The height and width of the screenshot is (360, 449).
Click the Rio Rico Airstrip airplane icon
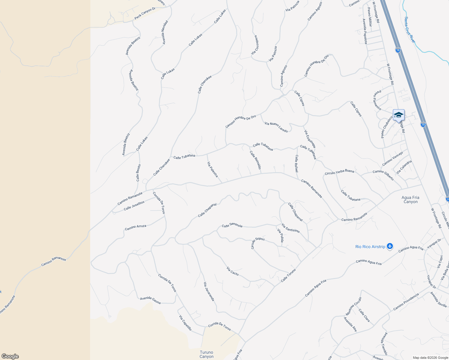click(x=390, y=246)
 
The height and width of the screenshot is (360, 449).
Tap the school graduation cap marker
click(x=399, y=115)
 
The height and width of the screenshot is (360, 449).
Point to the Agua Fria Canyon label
click(x=410, y=199)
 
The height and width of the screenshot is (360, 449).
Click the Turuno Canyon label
click(x=206, y=354)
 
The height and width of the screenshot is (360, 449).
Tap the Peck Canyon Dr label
click(x=145, y=14)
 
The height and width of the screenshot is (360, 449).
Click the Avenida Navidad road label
click(x=165, y=32)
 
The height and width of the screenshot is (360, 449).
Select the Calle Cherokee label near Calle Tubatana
click(x=161, y=167)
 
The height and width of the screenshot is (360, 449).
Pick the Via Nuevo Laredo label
click(x=276, y=127)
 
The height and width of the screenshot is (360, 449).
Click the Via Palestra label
click(x=212, y=169)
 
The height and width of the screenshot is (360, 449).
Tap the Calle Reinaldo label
click(x=255, y=160)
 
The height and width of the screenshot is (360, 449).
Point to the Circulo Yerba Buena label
click(x=339, y=172)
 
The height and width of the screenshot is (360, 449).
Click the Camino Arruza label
click(x=135, y=227)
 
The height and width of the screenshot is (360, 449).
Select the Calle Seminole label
click(x=232, y=225)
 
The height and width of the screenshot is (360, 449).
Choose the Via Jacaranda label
click(x=209, y=291)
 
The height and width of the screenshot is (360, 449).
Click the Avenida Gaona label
click(x=150, y=300)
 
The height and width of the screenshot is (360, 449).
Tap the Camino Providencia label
click(x=406, y=301)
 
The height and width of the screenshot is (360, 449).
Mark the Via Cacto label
click(x=233, y=271)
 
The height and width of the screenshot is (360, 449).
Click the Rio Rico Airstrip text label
click(x=370, y=247)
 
